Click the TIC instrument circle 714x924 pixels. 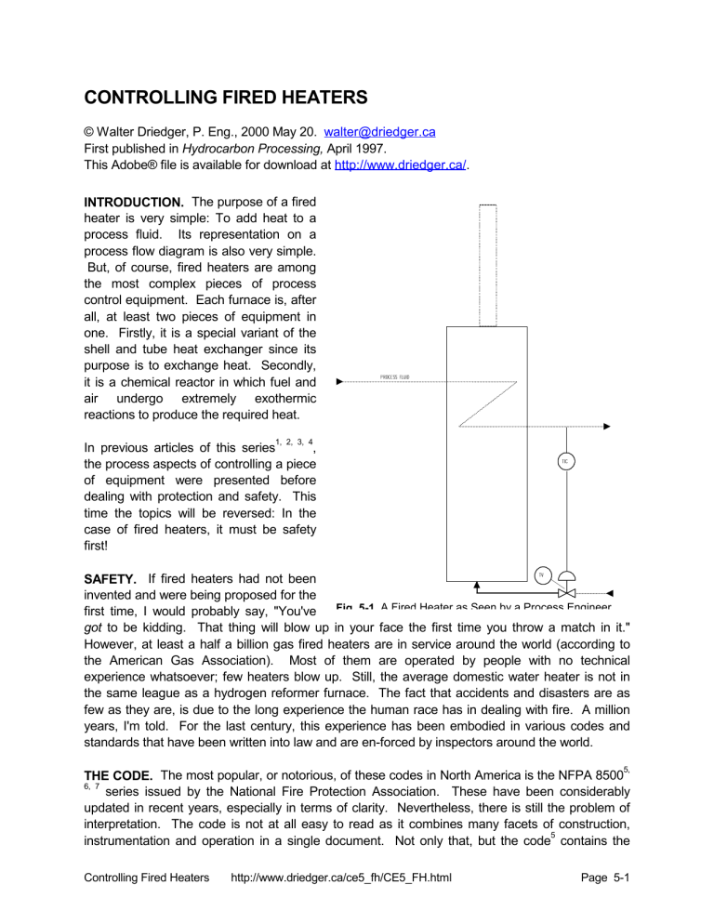tap(564, 461)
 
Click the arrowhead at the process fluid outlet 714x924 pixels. tap(605, 426)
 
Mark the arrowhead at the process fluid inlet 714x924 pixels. tap(340, 381)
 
